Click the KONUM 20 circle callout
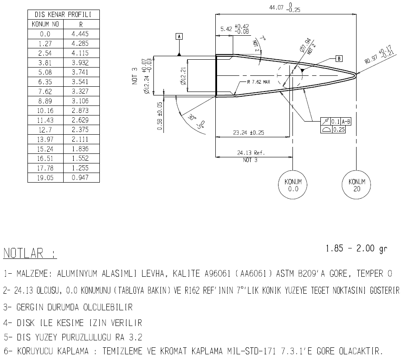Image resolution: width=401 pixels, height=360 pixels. [x=357, y=185]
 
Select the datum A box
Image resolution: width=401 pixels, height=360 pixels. [x=179, y=36]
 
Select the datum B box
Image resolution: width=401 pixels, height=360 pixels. [x=339, y=58]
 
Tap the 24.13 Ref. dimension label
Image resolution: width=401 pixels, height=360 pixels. [x=250, y=153]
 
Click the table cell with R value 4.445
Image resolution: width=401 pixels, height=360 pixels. [x=81, y=34]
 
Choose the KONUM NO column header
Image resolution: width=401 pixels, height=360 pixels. [x=45, y=24]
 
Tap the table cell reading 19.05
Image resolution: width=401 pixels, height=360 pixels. [x=45, y=177]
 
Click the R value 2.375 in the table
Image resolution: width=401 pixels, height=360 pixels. [x=81, y=129]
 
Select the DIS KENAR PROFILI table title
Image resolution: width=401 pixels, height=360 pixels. [x=63, y=15]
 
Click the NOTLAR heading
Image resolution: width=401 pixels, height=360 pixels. [x=30, y=253]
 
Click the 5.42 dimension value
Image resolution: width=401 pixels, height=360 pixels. [x=227, y=29]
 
